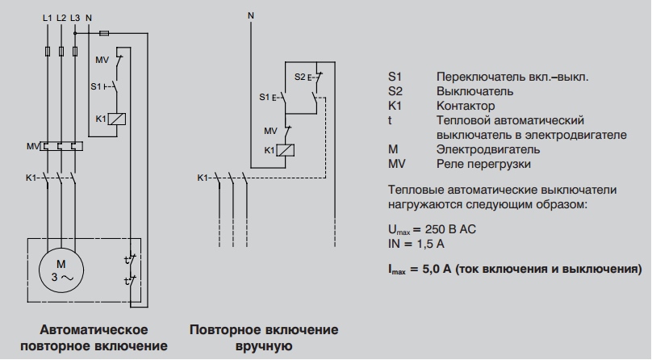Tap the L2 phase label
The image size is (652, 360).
pyautogui.click(x=62, y=18)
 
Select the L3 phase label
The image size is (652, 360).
pyautogui.click(x=75, y=18)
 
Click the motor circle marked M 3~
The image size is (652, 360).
pyautogui.click(x=59, y=270)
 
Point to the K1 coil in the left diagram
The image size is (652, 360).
pyautogui.click(x=115, y=119)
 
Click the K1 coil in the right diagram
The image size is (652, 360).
pyautogui.click(x=285, y=150)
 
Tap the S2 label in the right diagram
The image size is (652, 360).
pyautogui.click(x=299, y=77)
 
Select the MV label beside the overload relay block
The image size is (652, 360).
pyautogui.click(x=31, y=146)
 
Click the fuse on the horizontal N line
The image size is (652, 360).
pyautogui.click(x=103, y=34)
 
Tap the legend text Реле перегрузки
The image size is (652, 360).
pyautogui.click(x=483, y=164)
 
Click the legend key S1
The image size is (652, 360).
pyautogui.click(x=395, y=77)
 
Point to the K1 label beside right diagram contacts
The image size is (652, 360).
pyautogui.click(x=203, y=177)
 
